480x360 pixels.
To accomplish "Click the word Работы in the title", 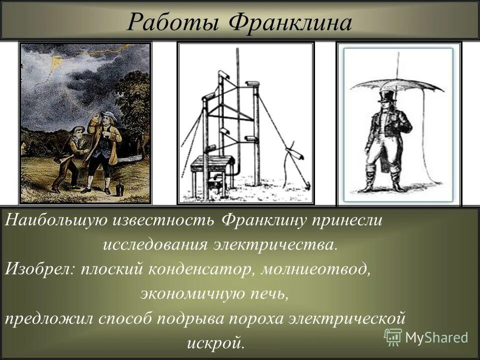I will [172, 22].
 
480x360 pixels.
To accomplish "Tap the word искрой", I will [216, 342].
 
